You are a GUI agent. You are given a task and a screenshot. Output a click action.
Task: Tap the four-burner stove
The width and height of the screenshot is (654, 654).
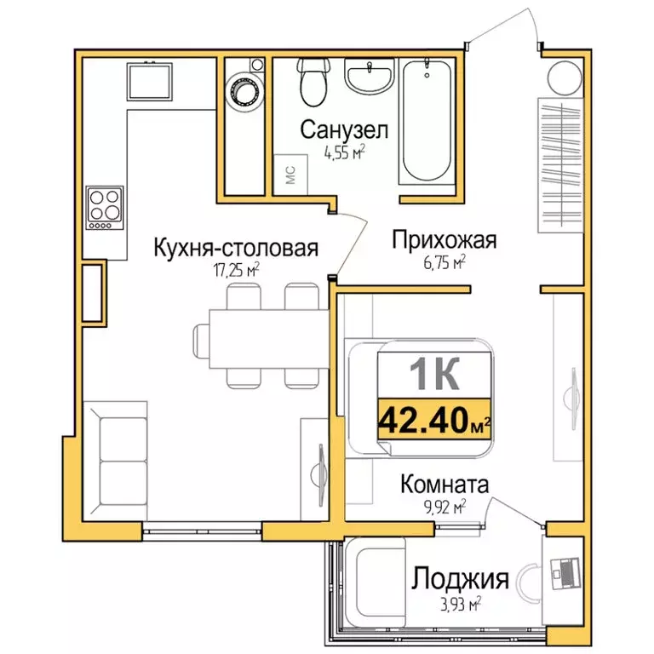104,207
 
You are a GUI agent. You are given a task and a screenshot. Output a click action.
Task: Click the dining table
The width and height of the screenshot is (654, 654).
261,339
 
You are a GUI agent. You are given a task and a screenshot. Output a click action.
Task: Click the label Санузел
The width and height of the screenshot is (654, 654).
344,130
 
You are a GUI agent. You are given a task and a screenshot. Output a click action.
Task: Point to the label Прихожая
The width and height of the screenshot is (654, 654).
443,241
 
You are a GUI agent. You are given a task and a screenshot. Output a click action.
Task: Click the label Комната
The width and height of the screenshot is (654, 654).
445,485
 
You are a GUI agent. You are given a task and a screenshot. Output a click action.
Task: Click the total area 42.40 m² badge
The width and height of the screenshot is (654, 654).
434,419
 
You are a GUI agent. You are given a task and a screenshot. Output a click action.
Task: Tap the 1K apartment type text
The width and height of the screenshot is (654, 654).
434,372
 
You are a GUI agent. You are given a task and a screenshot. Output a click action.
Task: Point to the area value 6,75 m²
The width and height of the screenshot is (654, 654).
444,263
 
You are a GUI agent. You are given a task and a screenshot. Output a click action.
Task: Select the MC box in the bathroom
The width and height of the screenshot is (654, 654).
290,174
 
